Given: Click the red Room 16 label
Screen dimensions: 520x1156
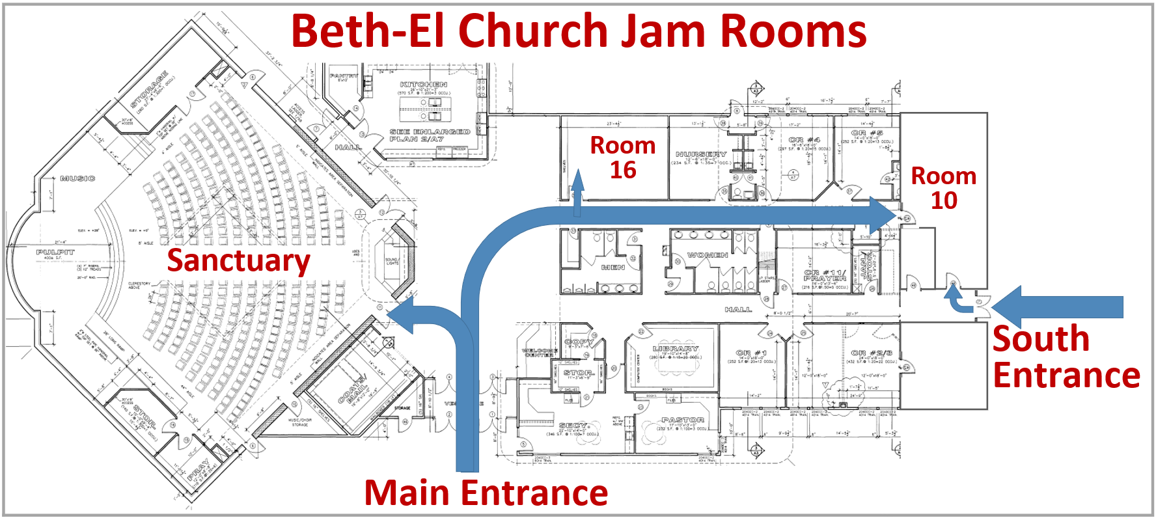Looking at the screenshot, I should tap(622, 157).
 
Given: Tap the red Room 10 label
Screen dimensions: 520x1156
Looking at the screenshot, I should tap(943, 188).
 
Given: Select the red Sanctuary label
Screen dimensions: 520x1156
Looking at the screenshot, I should tap(238, 260).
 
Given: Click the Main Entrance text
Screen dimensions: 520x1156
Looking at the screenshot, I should tap(486, 493).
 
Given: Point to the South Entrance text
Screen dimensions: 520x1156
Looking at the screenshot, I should tap(1066, 357).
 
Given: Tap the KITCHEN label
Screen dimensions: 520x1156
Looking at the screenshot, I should tap(423, 85).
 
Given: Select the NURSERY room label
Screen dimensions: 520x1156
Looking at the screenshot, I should tap(701, 154).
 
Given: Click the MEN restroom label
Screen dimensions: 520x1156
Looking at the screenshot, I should tap(612, 267).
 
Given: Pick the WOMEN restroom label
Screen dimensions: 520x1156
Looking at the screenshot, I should tap(708, 255).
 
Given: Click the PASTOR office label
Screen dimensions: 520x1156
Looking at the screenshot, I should tap(682, 420).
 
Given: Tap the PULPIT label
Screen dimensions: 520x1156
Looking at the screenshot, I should tap(55, 252).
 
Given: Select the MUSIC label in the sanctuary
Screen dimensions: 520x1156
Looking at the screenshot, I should tap(77, 178).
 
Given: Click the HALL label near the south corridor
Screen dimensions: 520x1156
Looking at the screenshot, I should tap(738, 310).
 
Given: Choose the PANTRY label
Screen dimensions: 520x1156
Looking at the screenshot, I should tap(343, 76).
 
